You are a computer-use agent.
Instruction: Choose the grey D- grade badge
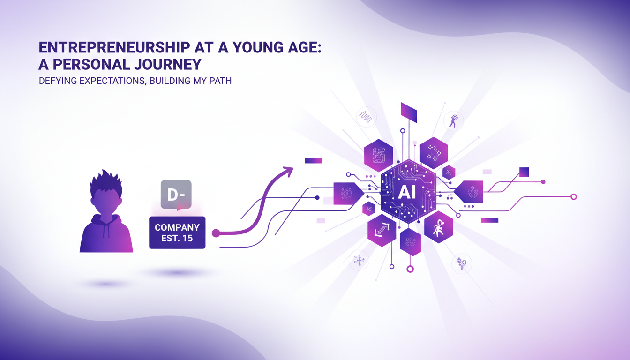point(175,194)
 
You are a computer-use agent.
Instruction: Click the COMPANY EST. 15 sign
point(177,232)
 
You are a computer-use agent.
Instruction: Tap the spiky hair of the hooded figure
point(106,184)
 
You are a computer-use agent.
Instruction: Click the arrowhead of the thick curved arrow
point(286,172)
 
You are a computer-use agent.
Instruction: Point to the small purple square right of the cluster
point(524,172)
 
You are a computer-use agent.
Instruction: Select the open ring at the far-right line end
point(573,197)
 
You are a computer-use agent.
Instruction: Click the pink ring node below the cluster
point(410,269)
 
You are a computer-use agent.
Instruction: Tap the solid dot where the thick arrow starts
point(216,233)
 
